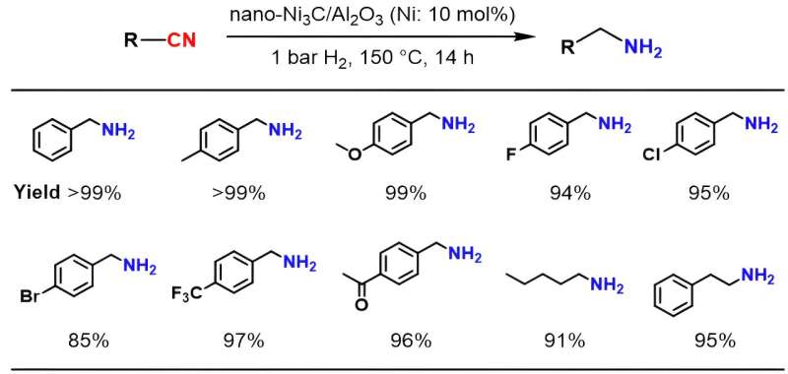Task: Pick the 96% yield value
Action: [x=409, y=342]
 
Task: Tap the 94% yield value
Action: [x=569, y=193]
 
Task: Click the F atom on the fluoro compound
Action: [x=509, y=156]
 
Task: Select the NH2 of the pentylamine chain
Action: [x=608, y=286]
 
